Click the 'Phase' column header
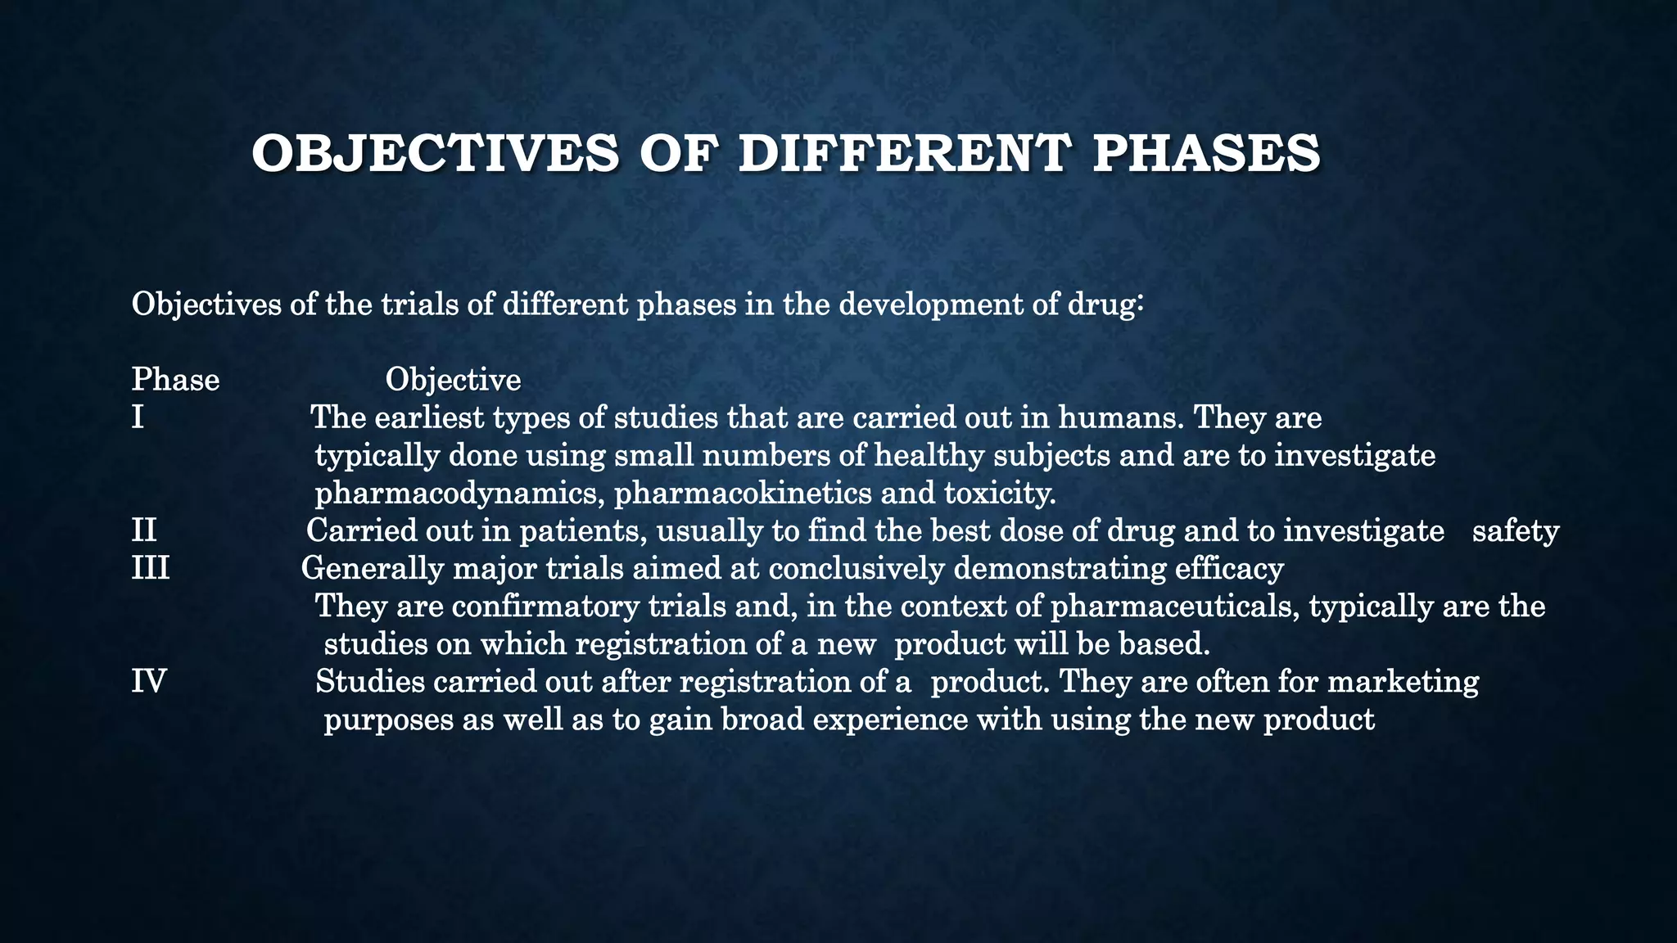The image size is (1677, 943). pyautogui.click(x=175, y=380)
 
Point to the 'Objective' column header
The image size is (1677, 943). pyautogui.click(x=453, y=380)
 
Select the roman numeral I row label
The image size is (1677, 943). pyautogui.click(x=138, y=418)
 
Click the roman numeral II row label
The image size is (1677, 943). pyautogui.click(x=144, y=531)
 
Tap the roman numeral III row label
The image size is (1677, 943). pyautogui.click(x=151, y=568)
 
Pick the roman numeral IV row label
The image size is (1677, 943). pyautogui.click(x=149, y=682)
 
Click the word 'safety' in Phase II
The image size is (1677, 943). pyautogui.click(x=1516, y=531)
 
